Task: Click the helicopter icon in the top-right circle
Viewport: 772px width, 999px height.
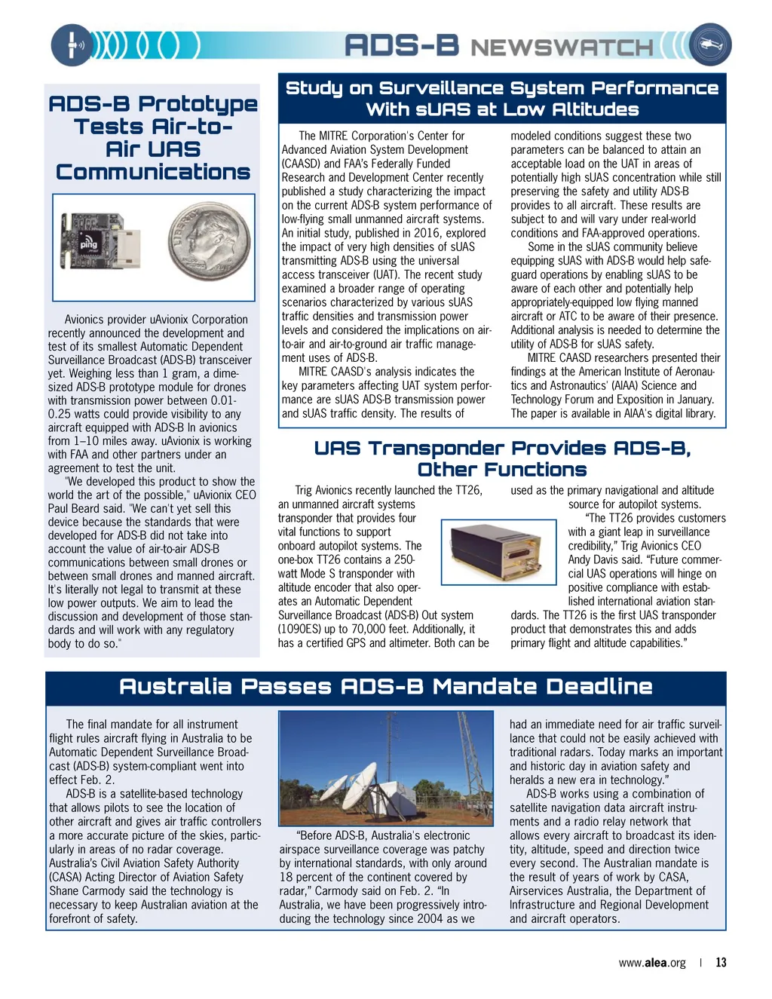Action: (x=709, y=44)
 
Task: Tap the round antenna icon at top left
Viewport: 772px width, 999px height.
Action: (x=72, y=44)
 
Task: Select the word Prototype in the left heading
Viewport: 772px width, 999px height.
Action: (x=198, y=104)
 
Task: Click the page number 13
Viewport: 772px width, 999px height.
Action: (x=721, y=962)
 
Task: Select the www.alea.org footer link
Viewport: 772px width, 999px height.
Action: (x=652, y=963)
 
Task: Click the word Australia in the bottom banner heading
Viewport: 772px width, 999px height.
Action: (x=175, y=687)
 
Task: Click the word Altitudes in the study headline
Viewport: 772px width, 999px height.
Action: (x=596, y=110)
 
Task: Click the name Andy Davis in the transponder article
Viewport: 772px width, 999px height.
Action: (x=594, y=559)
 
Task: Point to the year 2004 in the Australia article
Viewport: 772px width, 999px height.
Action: (x=424, y=918)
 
